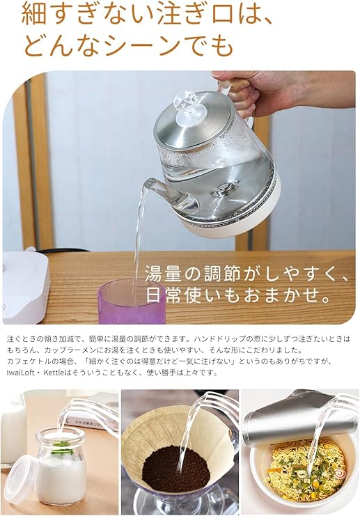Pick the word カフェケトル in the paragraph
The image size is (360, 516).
click(29, 361)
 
